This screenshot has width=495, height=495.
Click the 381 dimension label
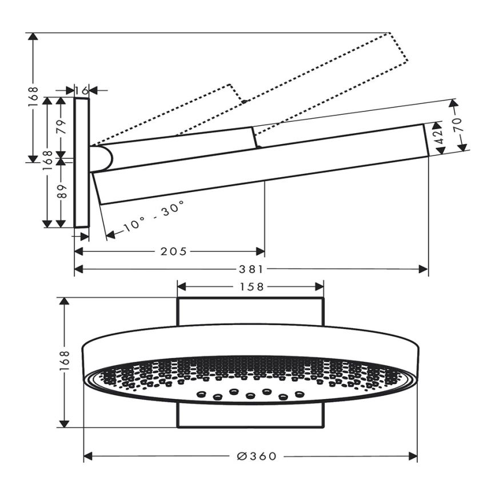(x=251, y=269)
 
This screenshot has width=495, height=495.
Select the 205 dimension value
(x=174, y=252)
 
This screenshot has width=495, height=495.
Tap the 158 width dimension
(x=252, y=286)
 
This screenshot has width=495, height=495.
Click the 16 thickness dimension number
(x=81, y=91)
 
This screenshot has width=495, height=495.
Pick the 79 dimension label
(x=62, y=127)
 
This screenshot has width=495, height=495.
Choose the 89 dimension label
(x=62, y=191)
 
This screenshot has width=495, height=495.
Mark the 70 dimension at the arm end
(x=457, y=125)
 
